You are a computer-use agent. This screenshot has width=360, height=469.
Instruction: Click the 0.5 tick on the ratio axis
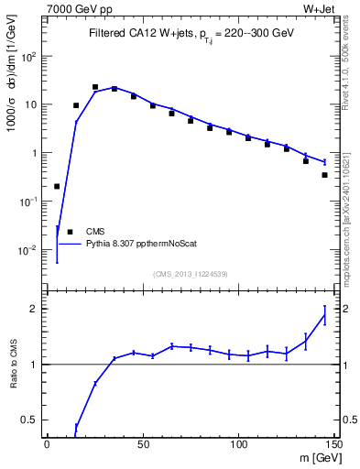pos(31,420)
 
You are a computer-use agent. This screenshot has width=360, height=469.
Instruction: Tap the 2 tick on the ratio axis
pos(36,309)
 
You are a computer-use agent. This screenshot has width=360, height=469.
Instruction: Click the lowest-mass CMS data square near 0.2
pos(57,186)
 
